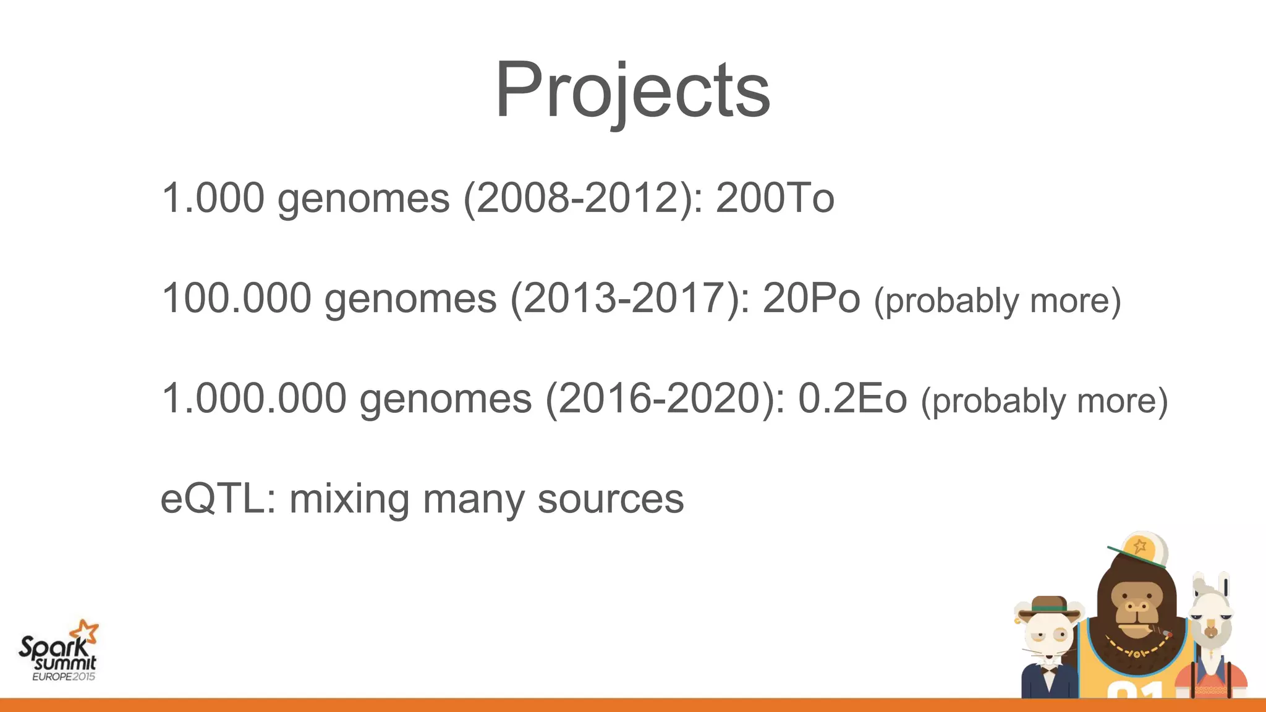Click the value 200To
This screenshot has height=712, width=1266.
[x=775, y=198]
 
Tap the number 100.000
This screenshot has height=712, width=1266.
[x=236, y=298]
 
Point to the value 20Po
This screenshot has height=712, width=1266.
[x=811, y=298]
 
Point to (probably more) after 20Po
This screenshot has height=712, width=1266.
[x=997, y=301]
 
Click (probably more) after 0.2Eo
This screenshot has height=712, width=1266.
[x=1044, y=401]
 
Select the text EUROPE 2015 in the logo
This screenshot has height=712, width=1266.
[x=64, y=677]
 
